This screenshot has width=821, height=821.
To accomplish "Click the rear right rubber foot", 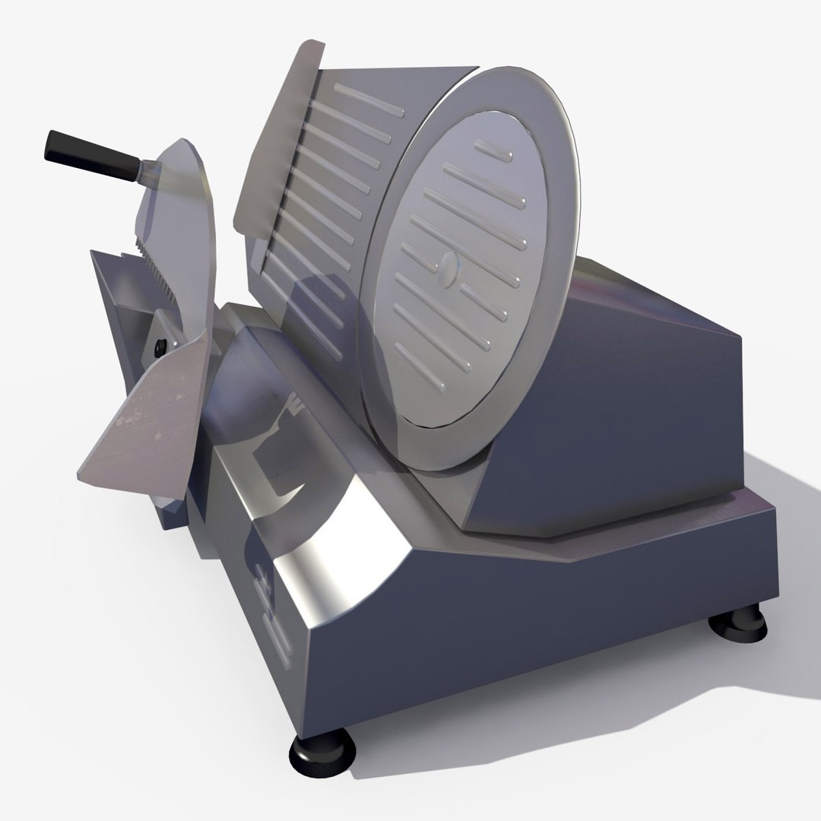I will pos(737,626).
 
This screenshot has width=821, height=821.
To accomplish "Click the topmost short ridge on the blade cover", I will pos(493,157).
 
